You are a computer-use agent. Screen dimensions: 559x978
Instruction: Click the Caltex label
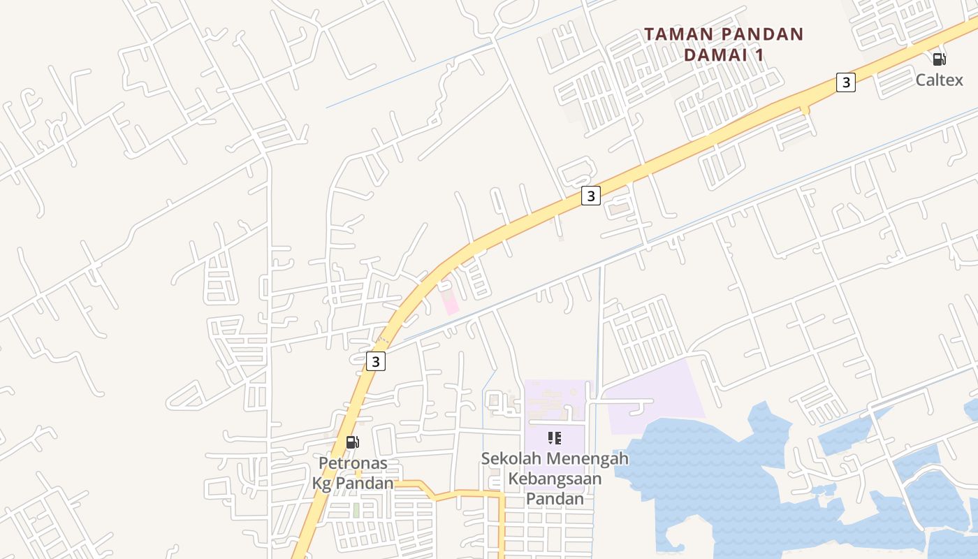(x=939, y=80)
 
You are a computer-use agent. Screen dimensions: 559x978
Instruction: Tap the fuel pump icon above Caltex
(x=939, y=59)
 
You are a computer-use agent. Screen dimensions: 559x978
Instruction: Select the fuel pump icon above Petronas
(x=353, y=442)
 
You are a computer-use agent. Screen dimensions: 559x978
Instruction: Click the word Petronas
(x=353, y=463)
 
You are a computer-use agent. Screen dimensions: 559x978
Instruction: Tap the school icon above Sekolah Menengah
(x=555, y=438)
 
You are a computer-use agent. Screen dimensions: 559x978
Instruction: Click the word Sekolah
(x=512, y=459)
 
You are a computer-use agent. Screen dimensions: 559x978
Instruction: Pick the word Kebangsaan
(x=555, y=479)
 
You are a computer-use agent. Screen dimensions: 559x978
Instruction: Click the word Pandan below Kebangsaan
(x=555, y=499)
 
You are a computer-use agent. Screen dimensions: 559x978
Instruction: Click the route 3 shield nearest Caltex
(x=846, y=82)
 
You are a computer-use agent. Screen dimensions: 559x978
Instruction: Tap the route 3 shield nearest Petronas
(x=376, y=361)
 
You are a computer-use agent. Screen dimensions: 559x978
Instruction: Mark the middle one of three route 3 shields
(x=591, y=196)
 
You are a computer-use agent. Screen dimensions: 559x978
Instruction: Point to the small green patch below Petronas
(x=356, y=510)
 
